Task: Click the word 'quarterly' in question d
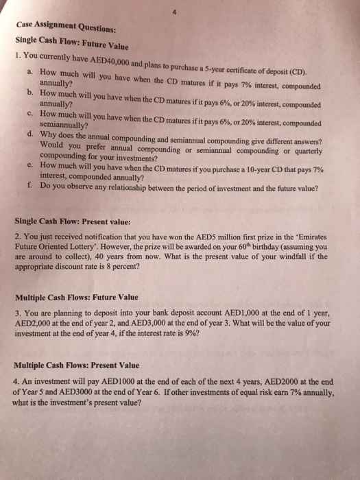pyautogui.click(x=307, y=145)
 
